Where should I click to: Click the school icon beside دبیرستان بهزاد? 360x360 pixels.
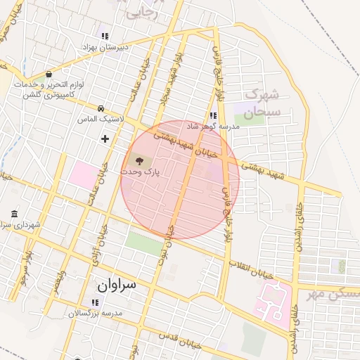(105, 36)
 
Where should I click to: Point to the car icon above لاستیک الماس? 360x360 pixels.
(102, 109)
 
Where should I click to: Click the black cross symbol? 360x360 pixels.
(105, 139)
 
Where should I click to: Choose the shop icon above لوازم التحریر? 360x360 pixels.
(48, 74)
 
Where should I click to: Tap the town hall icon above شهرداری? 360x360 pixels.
(15, 214)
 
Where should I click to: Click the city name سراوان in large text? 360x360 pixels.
(117, 285)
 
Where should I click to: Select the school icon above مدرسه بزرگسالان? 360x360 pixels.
(95, 302)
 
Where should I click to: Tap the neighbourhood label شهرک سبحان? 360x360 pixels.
(264, 103)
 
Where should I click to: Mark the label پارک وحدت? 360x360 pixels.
(140, 172)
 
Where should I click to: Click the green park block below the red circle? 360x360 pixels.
(143, 243)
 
